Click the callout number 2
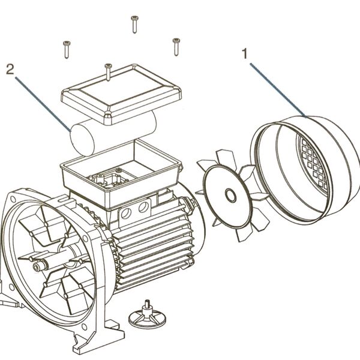pos(10,68)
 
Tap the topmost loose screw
pos(134,25)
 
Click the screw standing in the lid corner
pos(107,71)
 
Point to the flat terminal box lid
pos(120,93)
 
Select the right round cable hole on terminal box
pos(144,208)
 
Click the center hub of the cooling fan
pos(230,194)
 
